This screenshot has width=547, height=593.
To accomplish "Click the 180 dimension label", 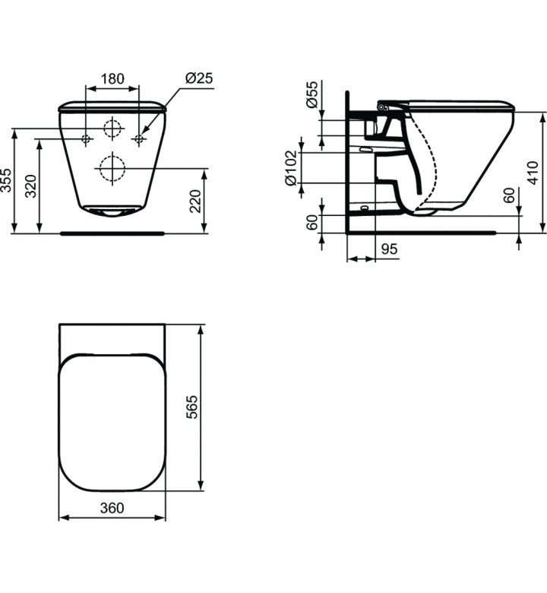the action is point(112,78).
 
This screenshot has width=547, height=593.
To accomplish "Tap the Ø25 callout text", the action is point(199,78).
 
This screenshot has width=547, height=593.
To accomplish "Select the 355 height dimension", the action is point(6,180).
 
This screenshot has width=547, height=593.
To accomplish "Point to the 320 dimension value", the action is point(32,186).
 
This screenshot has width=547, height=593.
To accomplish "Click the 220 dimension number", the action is point(196,201).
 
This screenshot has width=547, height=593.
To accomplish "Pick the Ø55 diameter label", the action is point(312,94).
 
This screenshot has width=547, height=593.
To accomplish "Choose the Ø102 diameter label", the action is point(291,168).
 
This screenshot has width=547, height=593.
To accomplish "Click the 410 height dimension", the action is point(533,173).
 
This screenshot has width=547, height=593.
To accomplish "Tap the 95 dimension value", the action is point(390,249).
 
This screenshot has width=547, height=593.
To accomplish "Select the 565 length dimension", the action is point(192,407).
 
